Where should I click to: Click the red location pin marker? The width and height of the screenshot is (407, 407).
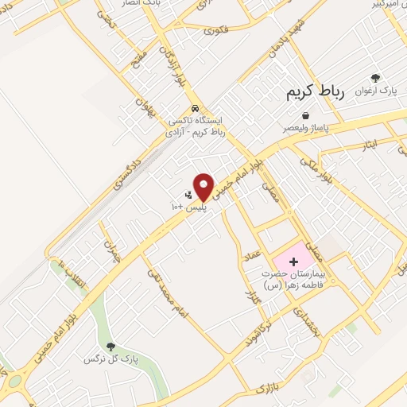coord(204,185)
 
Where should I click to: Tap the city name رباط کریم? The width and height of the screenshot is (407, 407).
coord(316,93)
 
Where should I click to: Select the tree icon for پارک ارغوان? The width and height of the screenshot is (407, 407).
coord(375,79)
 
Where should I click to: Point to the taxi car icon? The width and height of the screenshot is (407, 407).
coord(195,109)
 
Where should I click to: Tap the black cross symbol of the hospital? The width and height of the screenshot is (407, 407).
coord(292,262)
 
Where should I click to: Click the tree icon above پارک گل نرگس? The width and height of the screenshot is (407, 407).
coord(110,347)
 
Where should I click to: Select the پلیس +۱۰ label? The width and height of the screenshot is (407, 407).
coord(189,206)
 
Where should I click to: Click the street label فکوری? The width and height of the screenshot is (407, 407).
coord(215,30)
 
